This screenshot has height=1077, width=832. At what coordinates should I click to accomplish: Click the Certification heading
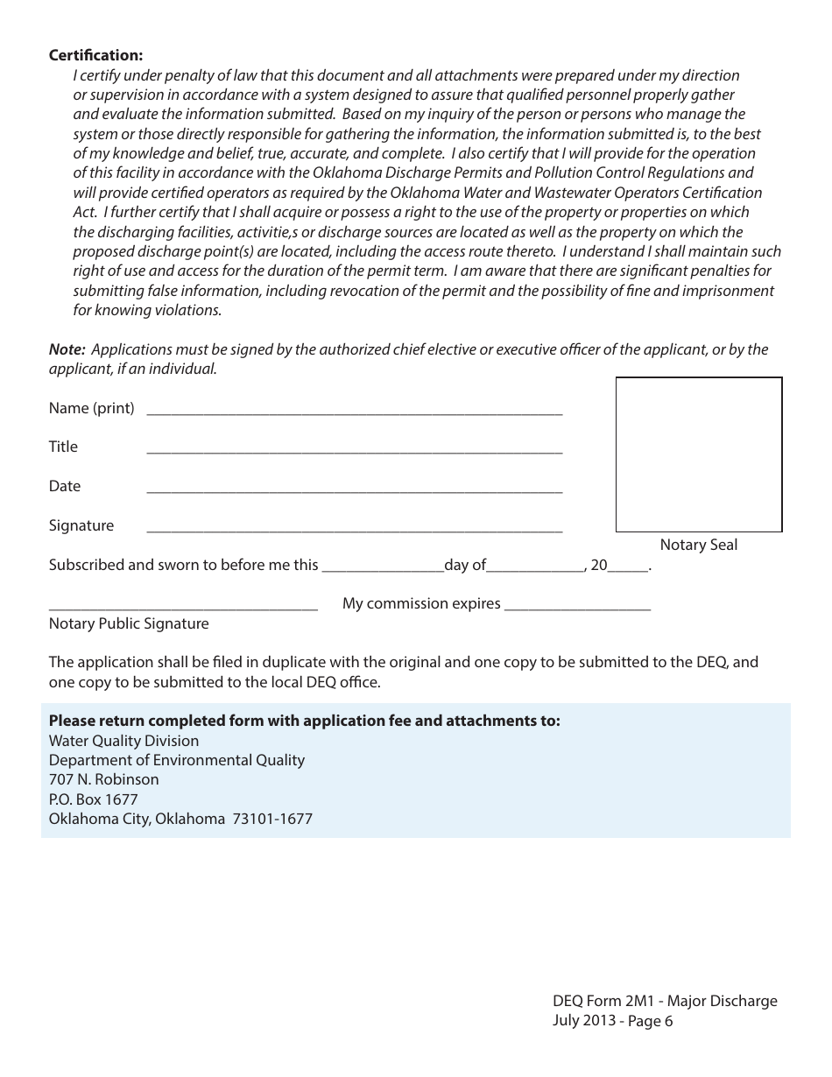tap(95, 55)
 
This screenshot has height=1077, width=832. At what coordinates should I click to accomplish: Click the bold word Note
tap(67, 349)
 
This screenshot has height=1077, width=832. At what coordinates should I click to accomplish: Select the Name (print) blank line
tap(354, 412)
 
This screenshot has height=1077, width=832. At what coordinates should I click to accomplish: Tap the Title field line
tap(354, 451)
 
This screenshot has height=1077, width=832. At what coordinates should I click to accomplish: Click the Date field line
tap(354, 490)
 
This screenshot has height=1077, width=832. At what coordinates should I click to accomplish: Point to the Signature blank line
tap(354, 530)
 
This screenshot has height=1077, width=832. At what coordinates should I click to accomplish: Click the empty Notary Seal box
tap(698, 454)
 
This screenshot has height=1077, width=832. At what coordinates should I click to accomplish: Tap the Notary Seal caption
tap(698, 545)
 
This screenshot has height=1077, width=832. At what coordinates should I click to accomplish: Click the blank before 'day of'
tap(383, 569)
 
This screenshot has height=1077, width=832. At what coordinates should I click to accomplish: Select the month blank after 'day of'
tap(535, 569)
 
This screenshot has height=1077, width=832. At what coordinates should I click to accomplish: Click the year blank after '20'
tap(627, 569)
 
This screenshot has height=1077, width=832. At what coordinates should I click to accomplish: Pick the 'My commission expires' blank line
tap(578, 608)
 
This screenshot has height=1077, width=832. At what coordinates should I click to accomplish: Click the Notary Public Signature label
tap(129, 623)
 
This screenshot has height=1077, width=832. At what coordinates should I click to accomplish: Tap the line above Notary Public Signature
tap(183, 608)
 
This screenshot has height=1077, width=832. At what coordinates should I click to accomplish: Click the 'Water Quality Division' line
tap(123, 741)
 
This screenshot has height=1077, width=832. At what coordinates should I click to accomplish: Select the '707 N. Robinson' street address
tap(103, 779)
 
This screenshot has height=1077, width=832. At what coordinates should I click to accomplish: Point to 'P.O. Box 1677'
tap(93, 799)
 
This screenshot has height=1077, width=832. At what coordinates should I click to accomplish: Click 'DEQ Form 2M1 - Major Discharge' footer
tap(665, 1001)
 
